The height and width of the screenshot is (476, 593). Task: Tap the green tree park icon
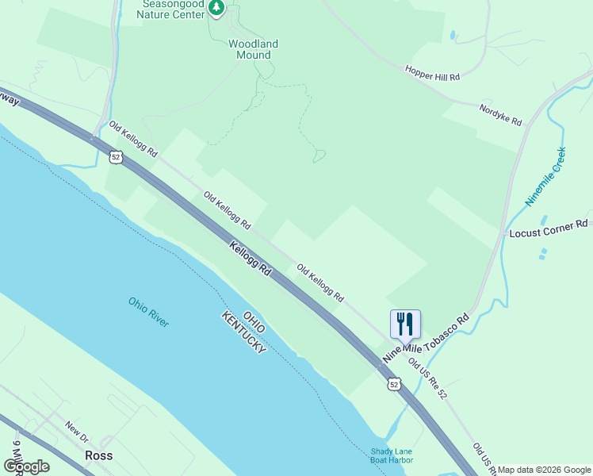pyautogui.click(x=216, y=8)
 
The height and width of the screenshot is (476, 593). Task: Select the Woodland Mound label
pyautogui.click(x=253, y=49)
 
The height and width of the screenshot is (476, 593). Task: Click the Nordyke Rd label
pyautogui.click(x=500, y=114)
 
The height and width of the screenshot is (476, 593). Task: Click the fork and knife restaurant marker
pyautogui.click(x=405, y=323)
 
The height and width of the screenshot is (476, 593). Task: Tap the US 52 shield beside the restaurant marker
pyautogui.click(x=394, y=384)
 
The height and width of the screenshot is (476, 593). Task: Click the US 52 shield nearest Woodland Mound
pyautogui.click(x=116, y=156)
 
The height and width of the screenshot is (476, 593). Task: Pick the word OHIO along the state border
pyautogui.click(x=254, y=322)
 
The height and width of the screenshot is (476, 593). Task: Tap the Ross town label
pyautogui.click(x=98, y=455)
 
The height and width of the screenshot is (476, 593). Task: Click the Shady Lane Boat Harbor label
pyautogui.click(x=392, y=455)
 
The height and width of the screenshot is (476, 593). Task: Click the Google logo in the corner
pyautogui.click(x=26, y=466)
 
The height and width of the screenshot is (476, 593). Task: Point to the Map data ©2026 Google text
pyautogui.click(x=544, y=470)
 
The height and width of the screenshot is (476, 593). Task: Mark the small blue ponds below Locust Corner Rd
pyautogui.click(x=543, y=253)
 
